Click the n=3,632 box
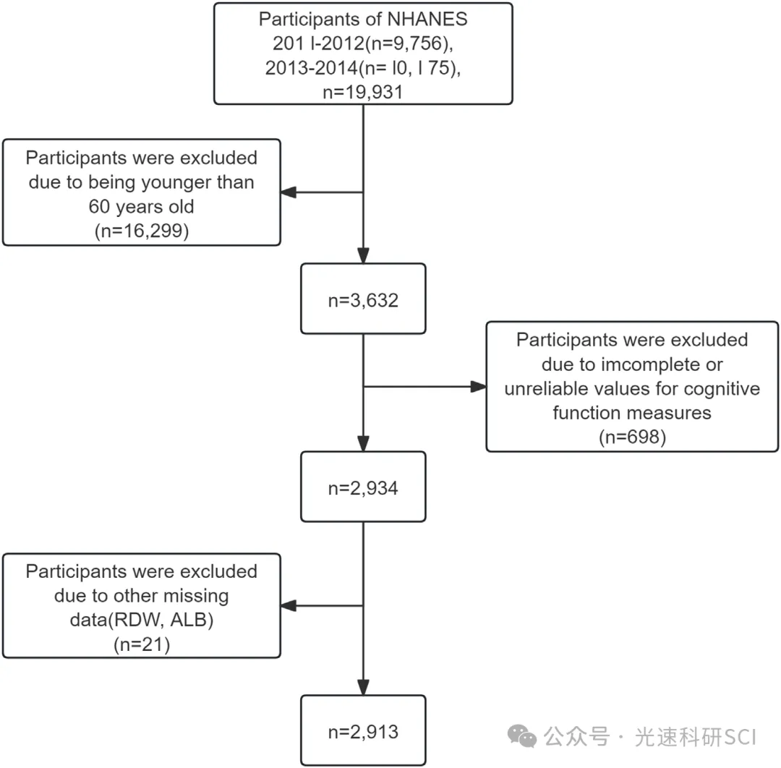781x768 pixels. click(363, 299)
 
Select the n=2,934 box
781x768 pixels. click(363, 487)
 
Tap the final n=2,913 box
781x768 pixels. click(363, 730)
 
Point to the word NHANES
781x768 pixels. click(417, 19)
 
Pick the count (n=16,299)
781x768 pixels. click(142, 231)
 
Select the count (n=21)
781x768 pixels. click(142, 644)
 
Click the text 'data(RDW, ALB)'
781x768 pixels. click(142, 620)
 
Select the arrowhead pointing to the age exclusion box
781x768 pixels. click(289, 192)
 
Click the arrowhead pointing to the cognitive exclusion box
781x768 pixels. click(478, 386)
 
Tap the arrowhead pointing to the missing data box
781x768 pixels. click(289, 605)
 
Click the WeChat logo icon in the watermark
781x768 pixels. click(522, 736)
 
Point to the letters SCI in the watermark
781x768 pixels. click(739, 737)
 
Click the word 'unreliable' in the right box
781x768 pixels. click(545, 388)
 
